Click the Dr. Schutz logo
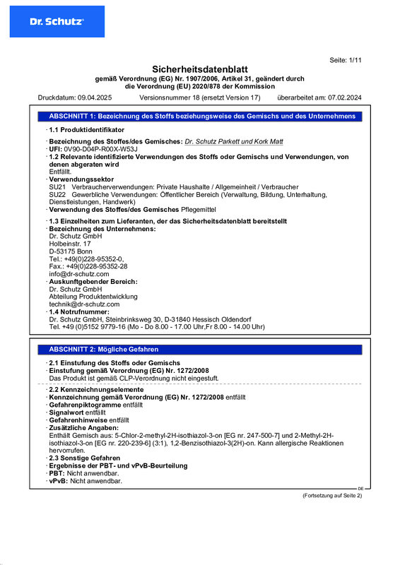pyautogui.click(x=57, y=22)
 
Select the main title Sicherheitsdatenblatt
pyautogui.click(x=199, y=69)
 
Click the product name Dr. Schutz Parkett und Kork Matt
pyautogui.click(x=234, y=141)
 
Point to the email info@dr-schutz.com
pyautogui.click(x=74, y=273)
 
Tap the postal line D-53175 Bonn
pyautogui.click(x=71, y=251)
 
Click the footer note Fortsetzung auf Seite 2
pyautogui.click(x=331, y=496)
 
